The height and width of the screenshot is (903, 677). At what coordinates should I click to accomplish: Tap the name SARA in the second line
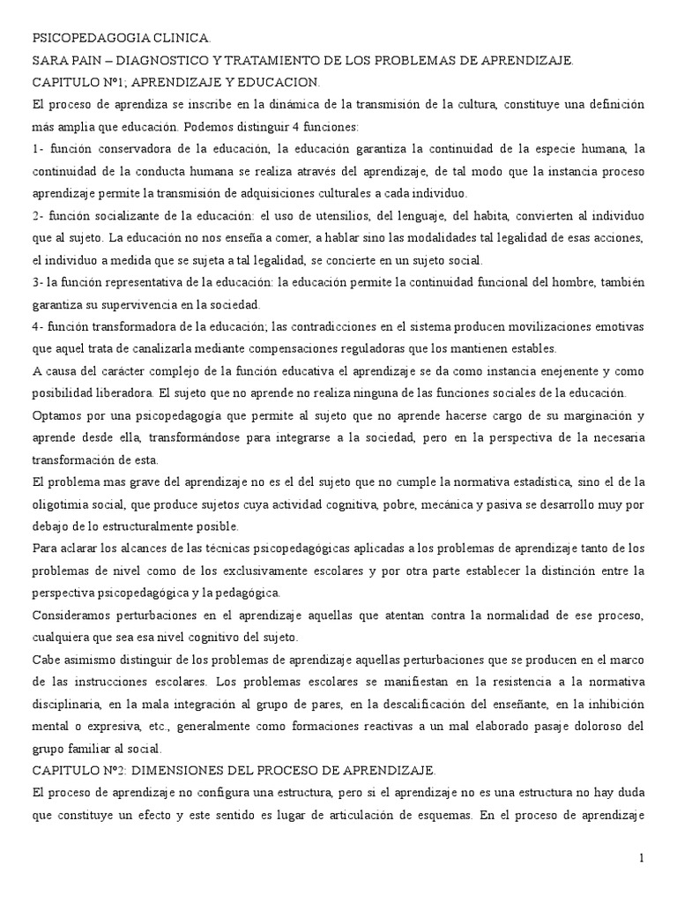click(x=48, y=61)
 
